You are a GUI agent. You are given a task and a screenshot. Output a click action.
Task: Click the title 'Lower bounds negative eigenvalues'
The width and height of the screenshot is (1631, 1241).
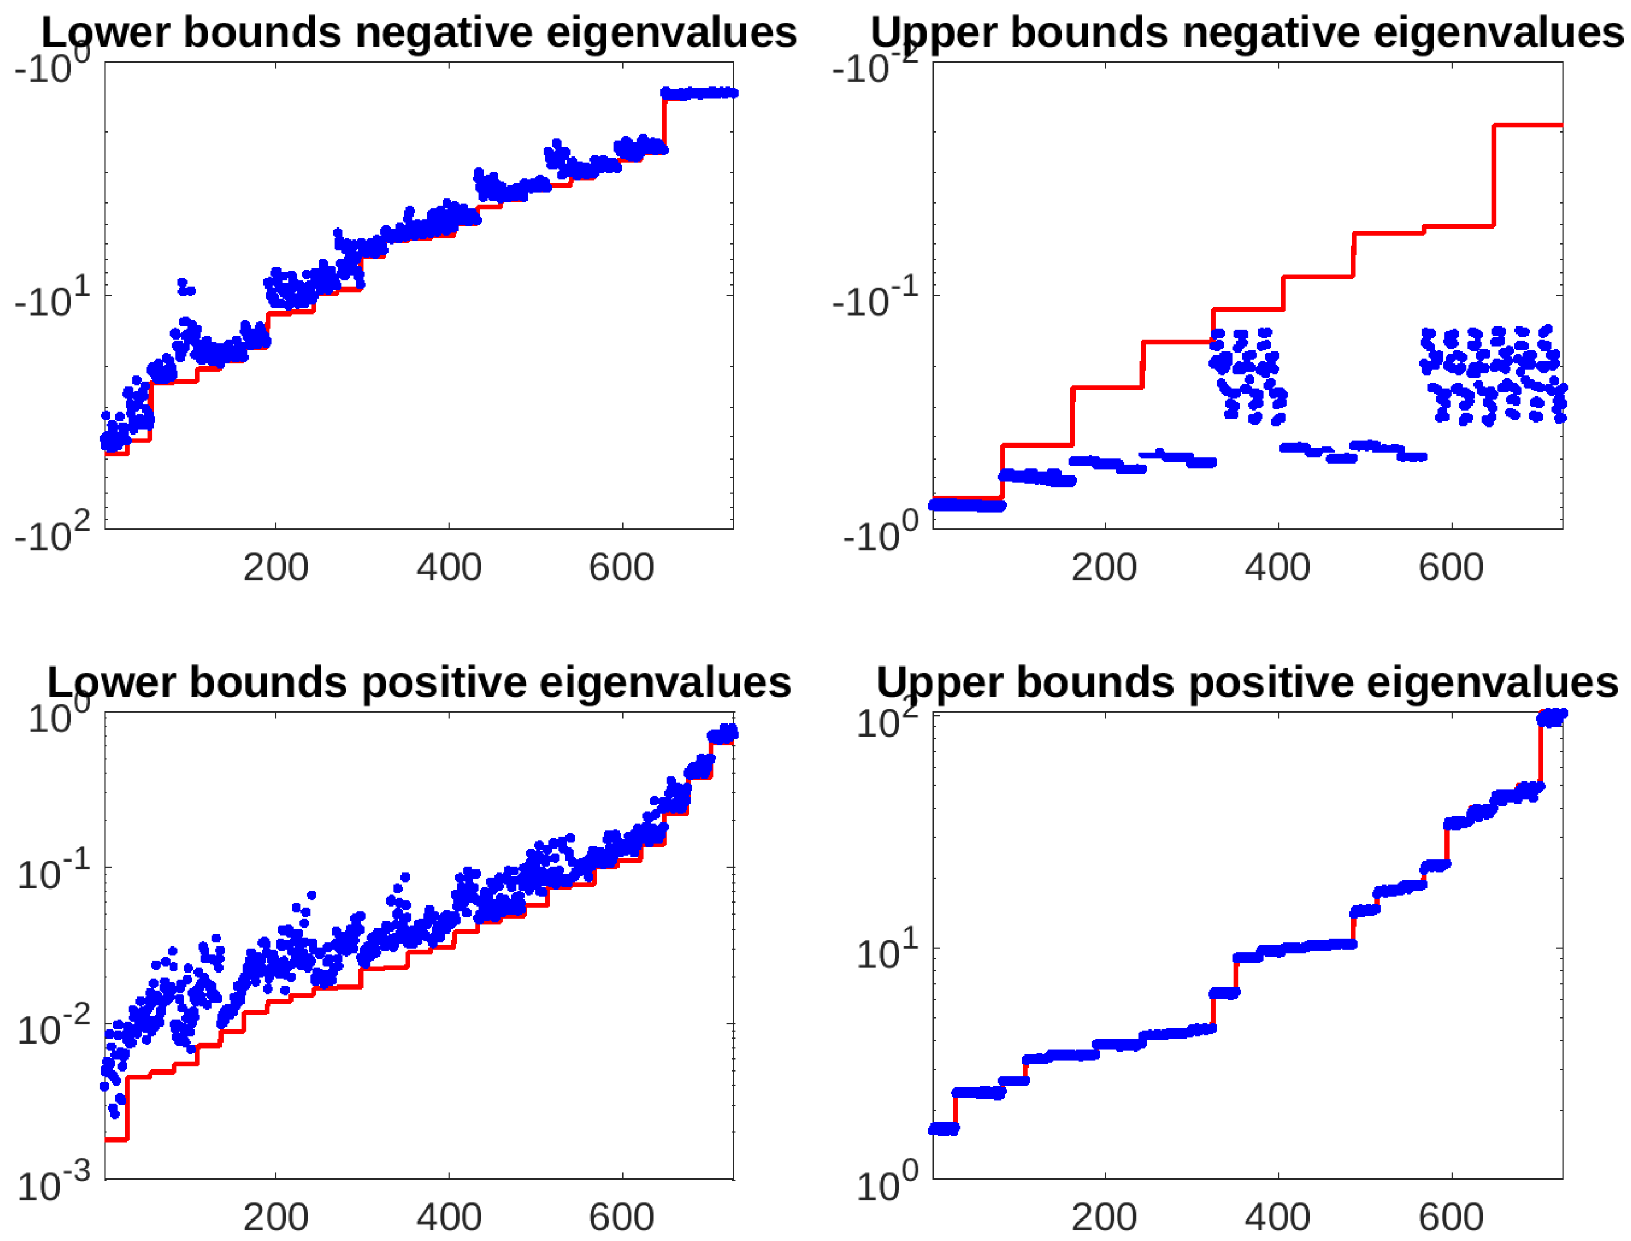[419, 32]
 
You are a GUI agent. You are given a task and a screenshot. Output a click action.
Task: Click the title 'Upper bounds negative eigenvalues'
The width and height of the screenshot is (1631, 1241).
[1247, 32]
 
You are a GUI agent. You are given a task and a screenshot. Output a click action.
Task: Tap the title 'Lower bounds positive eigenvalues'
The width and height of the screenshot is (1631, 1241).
[419, 682]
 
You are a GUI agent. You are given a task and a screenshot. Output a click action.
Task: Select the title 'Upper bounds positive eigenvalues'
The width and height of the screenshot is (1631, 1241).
[1247, 682]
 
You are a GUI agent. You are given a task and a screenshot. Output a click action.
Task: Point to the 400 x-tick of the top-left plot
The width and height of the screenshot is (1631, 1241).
[448, 567]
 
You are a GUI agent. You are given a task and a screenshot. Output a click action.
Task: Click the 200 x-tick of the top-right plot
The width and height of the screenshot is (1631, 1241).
[1104, 567]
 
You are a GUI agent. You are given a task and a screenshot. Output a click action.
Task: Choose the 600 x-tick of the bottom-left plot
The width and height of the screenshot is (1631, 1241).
[621, 1217]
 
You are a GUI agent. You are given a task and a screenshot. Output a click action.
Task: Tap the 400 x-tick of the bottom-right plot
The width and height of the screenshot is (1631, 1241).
[1277, 1217]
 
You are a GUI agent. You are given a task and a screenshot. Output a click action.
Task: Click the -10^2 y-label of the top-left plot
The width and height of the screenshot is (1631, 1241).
[52, 533]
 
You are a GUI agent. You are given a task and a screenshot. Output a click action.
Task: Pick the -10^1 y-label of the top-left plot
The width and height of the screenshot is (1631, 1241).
[52, 299]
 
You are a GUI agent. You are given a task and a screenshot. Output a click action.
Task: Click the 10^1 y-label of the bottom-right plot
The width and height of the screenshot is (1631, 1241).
[886, 952]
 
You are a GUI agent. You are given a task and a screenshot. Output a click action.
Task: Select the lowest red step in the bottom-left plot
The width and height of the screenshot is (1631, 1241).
[116, 1140]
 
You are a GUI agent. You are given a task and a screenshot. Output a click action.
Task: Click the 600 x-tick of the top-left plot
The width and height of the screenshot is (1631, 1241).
[621, 567]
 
